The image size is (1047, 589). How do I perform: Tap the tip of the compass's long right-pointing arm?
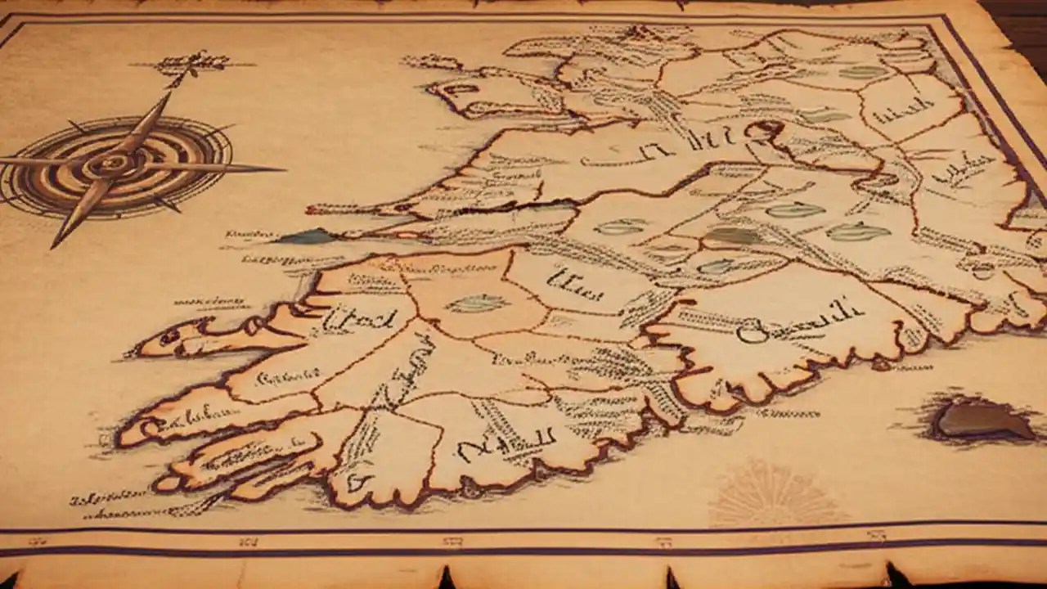tap(282, 170)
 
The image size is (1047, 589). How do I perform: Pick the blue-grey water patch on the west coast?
tap(307, 237)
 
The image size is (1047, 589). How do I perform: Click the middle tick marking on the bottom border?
tap(452, 541)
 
